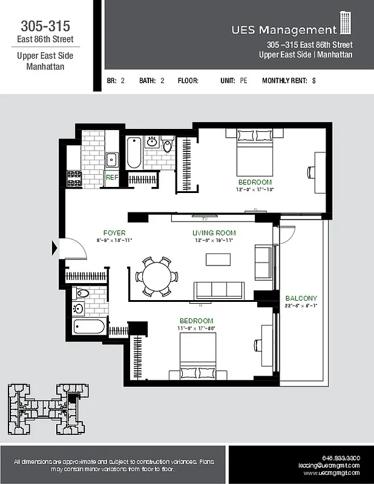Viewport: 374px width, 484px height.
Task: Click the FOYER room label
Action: (x=114, y=233)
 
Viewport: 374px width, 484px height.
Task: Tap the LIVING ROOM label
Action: (x=214, y=233)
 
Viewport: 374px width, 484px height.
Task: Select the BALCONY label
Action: (x=301, y=298)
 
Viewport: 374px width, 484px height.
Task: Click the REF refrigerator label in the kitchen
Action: (x=111, y=178)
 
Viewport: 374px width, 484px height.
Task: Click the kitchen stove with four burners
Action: (x=74, y=178)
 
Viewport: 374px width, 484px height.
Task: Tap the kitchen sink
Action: (x=111, y=160)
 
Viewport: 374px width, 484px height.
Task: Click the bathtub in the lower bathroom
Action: (x=88, y=327)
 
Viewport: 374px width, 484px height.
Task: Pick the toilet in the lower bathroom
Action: (x=82, y=293)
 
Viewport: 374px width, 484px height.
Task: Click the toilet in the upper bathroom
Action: (x=168, y=146)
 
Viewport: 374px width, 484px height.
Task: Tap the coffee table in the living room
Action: (x=218, y=260)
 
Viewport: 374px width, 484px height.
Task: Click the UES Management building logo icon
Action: (x=346, y=23)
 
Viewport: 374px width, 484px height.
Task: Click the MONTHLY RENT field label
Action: (x=284, y=80)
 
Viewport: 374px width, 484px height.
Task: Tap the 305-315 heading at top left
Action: (x=45, y=26)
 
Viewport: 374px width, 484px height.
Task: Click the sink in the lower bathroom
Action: (x=79, y=308)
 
